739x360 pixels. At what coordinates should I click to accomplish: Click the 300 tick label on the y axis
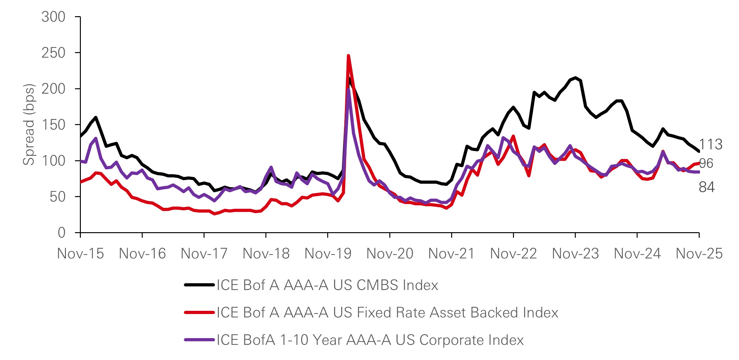click(x=53, y=17)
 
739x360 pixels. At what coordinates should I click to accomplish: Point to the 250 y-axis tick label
click(x=53, y=53)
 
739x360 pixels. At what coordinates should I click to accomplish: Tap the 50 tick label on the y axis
click(x=57, y=197)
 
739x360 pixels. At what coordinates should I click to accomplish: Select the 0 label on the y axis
click(x=62, y=233)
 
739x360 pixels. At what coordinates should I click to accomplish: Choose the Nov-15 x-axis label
click(x=81, y=254)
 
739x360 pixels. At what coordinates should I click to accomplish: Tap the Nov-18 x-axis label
click(x=266, y=254)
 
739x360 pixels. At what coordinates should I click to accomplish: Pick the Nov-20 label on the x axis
click(x=390, y=254)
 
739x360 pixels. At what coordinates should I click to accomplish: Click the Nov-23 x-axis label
click(x=575, y=254)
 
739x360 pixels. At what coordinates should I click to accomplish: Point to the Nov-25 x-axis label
click(x=699, y=254)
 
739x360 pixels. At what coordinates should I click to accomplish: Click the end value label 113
click(x=711, y=145)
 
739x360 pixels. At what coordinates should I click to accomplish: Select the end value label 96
click(x=706, y=163)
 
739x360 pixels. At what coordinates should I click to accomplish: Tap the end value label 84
click(x=707, y=187)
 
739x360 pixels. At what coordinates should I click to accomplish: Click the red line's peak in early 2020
click(x=348, y=56)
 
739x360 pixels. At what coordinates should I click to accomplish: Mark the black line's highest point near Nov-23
click(x=575, y=78)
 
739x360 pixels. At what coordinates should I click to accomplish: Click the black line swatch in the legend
click(x=199, y=285)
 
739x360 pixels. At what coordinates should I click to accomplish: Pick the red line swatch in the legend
click(x=199, y=313)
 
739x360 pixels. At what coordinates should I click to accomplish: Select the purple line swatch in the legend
click(x=199, y=340)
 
